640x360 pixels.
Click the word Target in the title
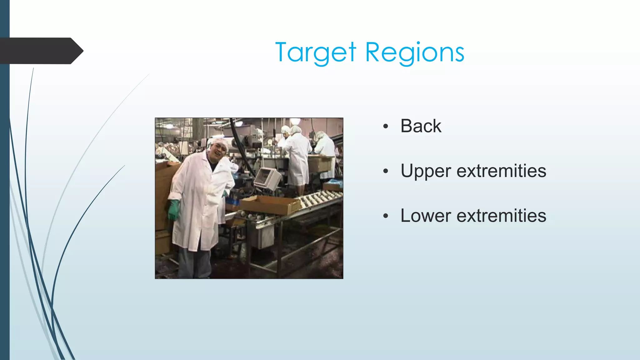coord(315,52)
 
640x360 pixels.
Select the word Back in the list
coord(421,126)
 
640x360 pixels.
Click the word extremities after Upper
coord(501,171)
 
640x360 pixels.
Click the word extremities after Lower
coord(501,216)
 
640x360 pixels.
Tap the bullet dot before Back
coord(386,127)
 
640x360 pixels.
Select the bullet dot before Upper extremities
coord(386,171)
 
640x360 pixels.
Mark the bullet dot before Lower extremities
coord(386,216)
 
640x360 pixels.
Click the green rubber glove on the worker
coord(173,210)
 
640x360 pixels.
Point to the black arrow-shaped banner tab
coord(41,51)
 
